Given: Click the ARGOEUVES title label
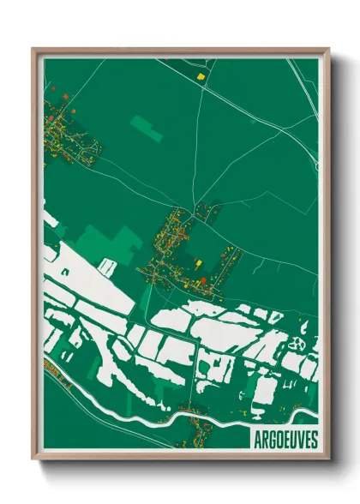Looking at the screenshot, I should click(285, 439).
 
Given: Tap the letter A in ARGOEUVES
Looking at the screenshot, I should click(257, 439).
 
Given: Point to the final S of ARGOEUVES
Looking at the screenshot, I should click(314, 439).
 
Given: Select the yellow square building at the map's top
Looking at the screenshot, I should click(202, 75).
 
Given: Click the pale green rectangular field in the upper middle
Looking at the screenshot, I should click(147, 129).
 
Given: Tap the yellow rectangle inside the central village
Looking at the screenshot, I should click(199, 264).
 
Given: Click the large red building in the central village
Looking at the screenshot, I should click(203, 279).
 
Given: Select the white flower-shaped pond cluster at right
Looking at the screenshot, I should click(299, 342).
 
